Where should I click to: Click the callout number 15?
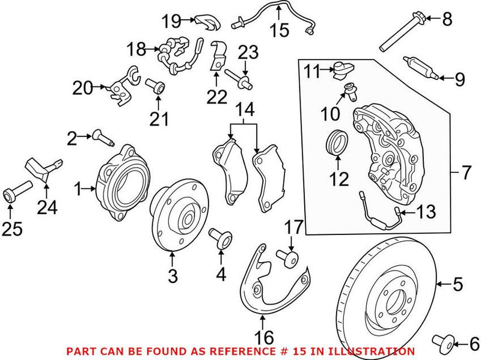(x=279, y=30)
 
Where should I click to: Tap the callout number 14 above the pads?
(x=244, y=109)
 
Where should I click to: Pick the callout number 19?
(x=171, y=22)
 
